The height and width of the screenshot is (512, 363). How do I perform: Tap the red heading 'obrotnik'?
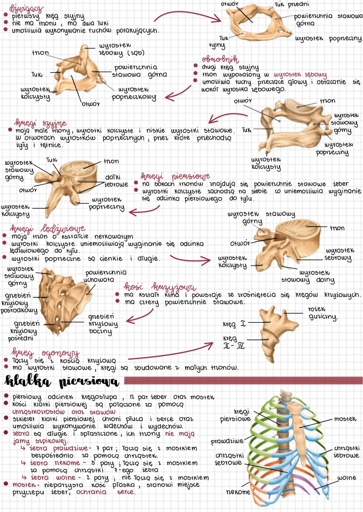(x=220, y=60)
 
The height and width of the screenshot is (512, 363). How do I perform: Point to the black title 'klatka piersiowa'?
(x=62, y=381)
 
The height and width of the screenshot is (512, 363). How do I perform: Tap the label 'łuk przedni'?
(x=292, y=4)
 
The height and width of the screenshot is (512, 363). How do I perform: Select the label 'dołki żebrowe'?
(x=117, y=181)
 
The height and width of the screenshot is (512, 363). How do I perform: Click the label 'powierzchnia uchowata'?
(x=105, y=276)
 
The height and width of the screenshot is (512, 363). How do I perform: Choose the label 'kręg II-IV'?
(x=234, y=342)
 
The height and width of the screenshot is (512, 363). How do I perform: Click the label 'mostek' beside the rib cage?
(x=345, y=419)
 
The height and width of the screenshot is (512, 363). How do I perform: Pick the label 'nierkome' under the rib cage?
(x=238, y=492)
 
